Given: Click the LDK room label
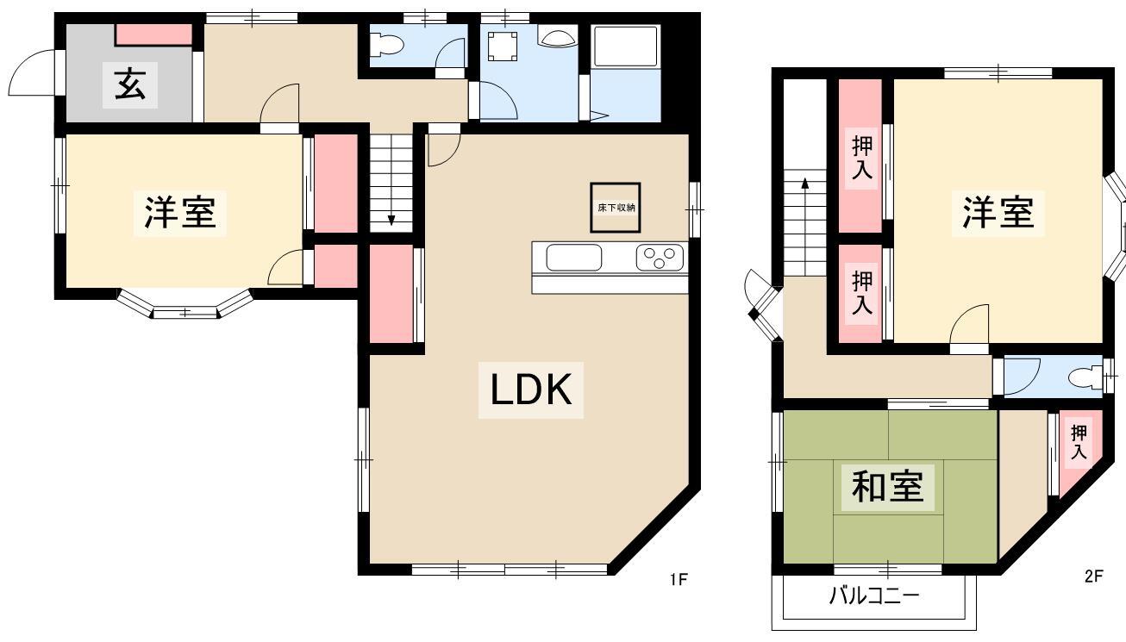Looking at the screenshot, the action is [531, 390].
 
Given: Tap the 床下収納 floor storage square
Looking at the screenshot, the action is [616, 208].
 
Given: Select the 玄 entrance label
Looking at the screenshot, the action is [130, 85].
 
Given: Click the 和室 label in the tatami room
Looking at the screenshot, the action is [888, 487].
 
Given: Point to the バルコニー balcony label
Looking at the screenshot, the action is [873, 596].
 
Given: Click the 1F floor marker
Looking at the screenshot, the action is [679, 580].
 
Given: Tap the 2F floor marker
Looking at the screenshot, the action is [1093, 577].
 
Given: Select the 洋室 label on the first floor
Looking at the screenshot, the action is [180, 213].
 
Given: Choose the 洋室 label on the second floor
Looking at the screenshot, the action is [998, 213].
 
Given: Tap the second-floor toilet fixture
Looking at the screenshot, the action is [1085, 377].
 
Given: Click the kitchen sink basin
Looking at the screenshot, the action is [573, 257].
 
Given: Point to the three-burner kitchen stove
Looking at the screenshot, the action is [660, 257].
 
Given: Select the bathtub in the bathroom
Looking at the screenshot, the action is [625, 47].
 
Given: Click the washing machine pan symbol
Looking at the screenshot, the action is [503, 47].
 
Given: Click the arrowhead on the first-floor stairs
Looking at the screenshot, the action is [391, 220].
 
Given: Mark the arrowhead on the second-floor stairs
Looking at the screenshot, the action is [804, 183].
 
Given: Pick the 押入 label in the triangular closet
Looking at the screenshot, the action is [1079, 442].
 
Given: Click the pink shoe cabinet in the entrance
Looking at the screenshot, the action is [154, 34].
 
